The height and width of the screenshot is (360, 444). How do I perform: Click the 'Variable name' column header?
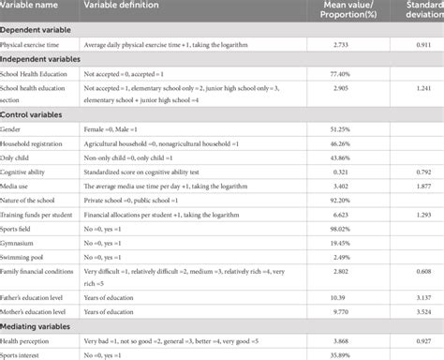[34, 7]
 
